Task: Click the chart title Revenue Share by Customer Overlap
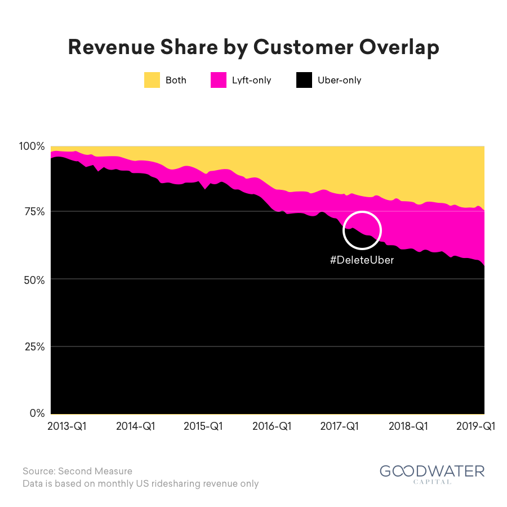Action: (x=253, y=47)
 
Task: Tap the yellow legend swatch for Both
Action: (x=152, y=80)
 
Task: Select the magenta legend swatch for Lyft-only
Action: (x=219, y=80)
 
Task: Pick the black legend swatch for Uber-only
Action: (x=304, y=80)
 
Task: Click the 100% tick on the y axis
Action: (x=32, y=146)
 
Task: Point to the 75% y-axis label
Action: (x=34, y=212)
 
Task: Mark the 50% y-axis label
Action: (x=34, y=280)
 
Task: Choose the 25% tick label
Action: (x=34, y=347)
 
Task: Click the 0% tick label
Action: (x=37, y=413)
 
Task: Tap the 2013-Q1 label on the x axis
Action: (x=67, y=426)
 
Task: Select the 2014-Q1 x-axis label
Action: (x=135, y=426)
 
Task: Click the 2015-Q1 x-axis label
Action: (x=203, y=426)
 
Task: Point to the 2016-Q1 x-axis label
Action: (x=272, y=426)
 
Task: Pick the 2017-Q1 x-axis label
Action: (x=340, y=426)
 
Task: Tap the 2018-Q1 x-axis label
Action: (x=408, y=426)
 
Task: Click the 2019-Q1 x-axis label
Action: (x=475, y=426)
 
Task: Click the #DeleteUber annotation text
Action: (x=362, y=260)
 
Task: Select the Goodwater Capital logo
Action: (x=432, y=474)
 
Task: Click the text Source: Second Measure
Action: (x=78, y=471)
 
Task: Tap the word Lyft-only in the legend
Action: (x=252, y=80)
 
